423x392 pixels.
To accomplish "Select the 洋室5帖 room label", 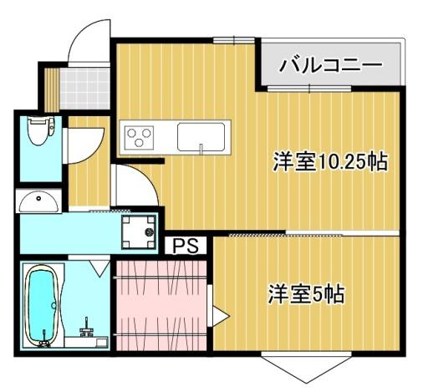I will pos(307,294).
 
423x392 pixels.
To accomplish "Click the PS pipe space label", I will pos(186,247).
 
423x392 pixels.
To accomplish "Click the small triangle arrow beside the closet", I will pos(219,317).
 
